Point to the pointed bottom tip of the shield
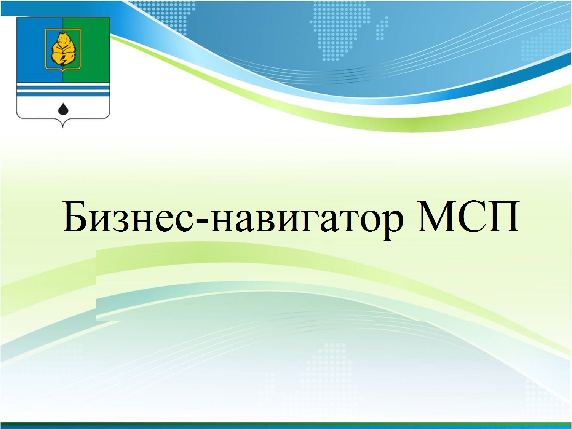pos(63,128)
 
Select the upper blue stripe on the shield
pos(63,88)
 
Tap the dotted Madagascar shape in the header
pos(382,28)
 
